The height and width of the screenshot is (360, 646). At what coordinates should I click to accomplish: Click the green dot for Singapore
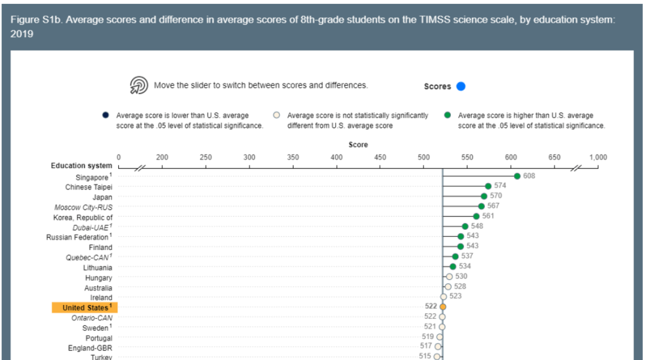[x=517, y=176]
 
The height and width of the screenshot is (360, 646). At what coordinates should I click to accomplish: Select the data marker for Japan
[x=484, y=196]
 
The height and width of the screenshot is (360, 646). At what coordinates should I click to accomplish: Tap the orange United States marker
[x=443, y=306]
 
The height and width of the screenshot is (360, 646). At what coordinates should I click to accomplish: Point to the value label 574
[x=500, y=186]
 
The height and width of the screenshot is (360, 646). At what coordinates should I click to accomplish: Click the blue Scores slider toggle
[x=461, y=87]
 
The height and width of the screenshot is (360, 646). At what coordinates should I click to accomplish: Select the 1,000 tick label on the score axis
[x=597, y=157]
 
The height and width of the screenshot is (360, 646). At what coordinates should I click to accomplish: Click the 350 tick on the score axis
[x=293, y=157]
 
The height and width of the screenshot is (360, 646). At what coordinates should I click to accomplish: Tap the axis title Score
[x=358, y=145]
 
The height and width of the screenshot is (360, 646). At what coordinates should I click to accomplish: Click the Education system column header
[x=81, y=166]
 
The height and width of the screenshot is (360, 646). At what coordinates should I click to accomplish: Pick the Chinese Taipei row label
[x=88, y=187]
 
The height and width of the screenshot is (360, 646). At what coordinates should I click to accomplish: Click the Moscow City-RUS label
[x=83, y=207]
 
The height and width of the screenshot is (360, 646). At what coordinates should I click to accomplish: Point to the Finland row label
[x=100, y=248]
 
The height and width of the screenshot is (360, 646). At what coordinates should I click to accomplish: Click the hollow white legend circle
[x=276, y=116]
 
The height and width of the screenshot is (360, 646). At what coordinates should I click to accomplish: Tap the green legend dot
[x=447, y=116]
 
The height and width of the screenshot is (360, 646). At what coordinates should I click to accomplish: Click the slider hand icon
[x=138, y=86]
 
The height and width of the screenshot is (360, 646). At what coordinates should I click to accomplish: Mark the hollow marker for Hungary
[x=449, y=277]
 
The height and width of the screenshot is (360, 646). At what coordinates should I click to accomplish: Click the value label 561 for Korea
[x=488, y=216]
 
